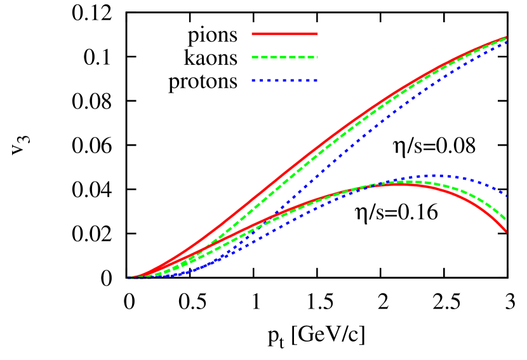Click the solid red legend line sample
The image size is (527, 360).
click(x=284, y=34)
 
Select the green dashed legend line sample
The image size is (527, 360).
click(x=284, y=57)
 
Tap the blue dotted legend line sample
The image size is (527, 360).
click(x=284, y=81)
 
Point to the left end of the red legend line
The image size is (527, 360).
click(x=253, y=34)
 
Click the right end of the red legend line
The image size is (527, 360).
click(x=317, y=34)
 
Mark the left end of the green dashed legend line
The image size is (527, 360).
click(x=253, y=57)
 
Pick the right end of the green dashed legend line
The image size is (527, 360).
click(x=317, y=57)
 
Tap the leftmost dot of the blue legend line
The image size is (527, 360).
click(x=253, y=81)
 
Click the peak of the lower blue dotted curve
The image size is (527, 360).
click(x=433, y=175)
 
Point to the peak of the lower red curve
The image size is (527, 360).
click(x=397, y=184)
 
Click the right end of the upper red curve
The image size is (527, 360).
click(x=506, y=37)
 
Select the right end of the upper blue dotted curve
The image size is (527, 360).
click(x=506, y=43)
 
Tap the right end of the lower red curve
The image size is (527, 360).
click(x=506, y=232)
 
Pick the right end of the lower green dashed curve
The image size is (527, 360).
click(x=506, y=220)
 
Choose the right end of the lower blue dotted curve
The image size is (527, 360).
click(x=506, y=194)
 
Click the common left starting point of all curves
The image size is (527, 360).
click(x=129, y=278)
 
